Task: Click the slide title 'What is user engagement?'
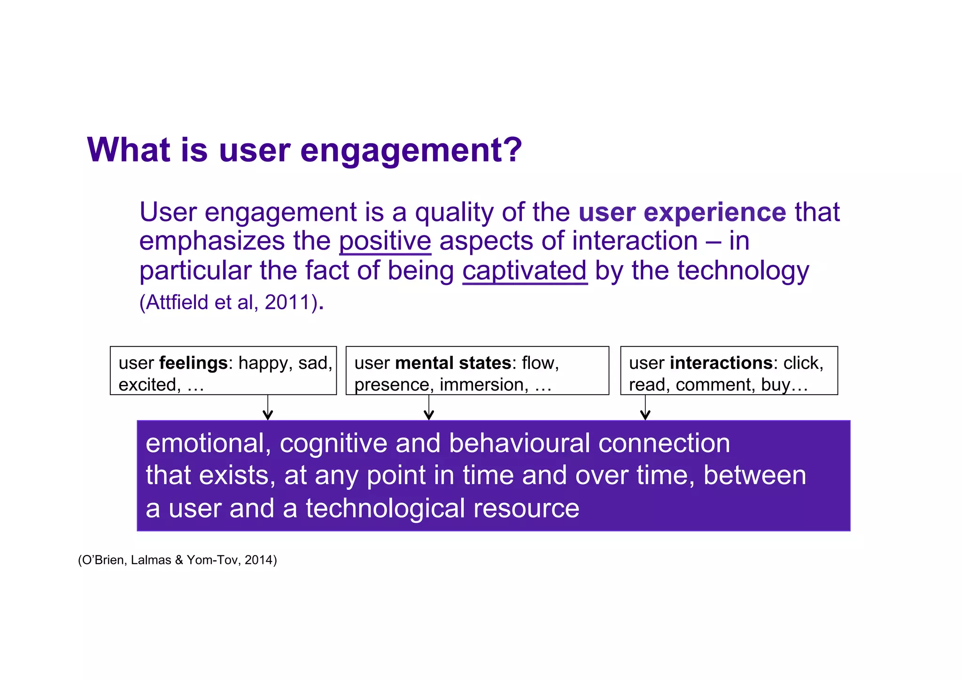tap(304, 150)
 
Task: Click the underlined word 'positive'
tap(385, 241)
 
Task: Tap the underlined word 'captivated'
tap(525, 271)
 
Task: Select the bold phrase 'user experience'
tap(682, 212)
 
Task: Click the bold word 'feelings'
tap(194, 363)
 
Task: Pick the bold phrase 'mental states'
tap(453, 363)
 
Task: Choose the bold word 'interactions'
tap(721, 363)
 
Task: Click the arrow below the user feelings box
tap(268, 408)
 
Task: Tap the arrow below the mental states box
tap(428, 408)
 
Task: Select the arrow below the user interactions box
tap(645, 408)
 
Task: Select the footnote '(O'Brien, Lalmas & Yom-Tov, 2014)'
tap(178, 560)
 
